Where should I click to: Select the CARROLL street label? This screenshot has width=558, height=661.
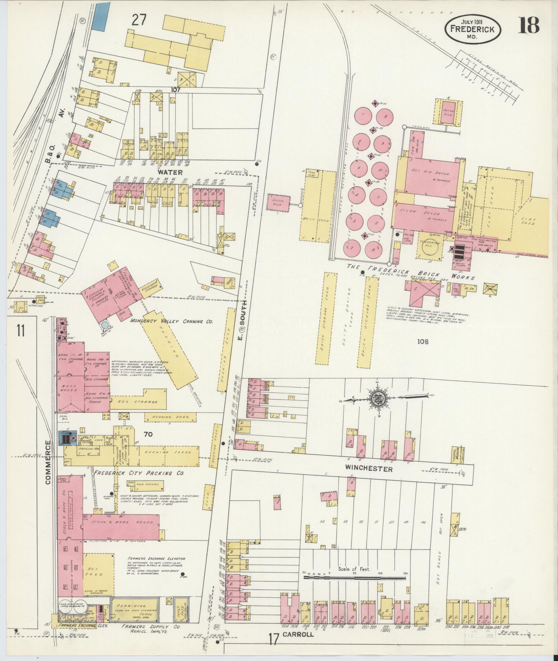coord(298,634)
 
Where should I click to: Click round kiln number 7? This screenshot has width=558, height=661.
coord(363,115)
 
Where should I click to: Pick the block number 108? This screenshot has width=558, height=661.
coord(422,341)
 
